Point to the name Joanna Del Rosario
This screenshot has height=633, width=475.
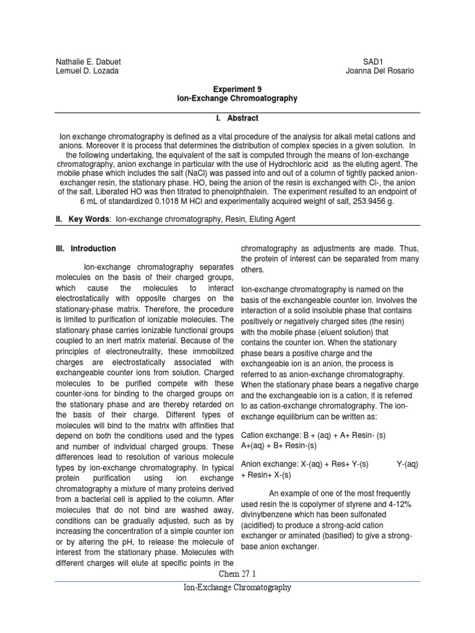(380, 70)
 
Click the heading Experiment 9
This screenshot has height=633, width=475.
(237, 89)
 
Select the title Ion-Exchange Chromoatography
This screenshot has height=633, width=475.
(237, 98)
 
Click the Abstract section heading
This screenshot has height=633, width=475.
(237, 118)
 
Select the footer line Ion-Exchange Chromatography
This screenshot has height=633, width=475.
(237, 588)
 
